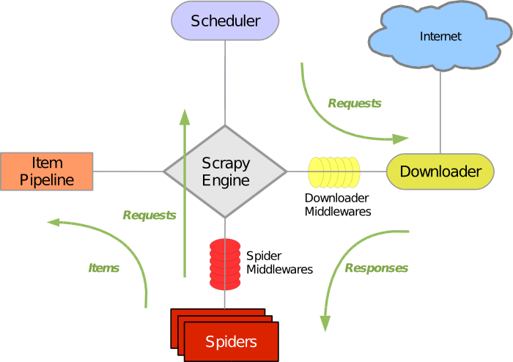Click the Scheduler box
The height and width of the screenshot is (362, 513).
pyautogui.click(x=225, y=21)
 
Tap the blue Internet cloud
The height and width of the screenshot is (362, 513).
pyautogui.click(x=440, y=36)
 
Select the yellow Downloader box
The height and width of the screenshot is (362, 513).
pyautogui.click(x=440, y=171)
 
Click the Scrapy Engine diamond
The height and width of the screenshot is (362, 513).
pyautogui.click(x=225, y=171)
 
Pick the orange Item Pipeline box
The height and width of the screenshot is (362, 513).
pyautogui.click(x=47, y=171)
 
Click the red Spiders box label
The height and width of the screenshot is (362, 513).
pyautogui.click(x=231, y=341)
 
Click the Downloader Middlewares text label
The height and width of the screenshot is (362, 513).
pyautogui.click(x=338, y=204)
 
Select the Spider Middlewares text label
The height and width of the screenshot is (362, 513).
pyautogui.click(x=279, y=262)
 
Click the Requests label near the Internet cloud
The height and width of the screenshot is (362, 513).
pyautogui.click(x=355, y=103)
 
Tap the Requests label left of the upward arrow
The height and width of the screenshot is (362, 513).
pyautogui.click(x=150, y=215)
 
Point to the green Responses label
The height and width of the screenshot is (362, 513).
pyautogui.click(x=376, y=268)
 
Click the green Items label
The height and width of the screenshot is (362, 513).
pyautogui.click(x=104, y=268)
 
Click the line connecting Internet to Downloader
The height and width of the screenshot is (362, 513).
pyautogui.click(x=440, y=110)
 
